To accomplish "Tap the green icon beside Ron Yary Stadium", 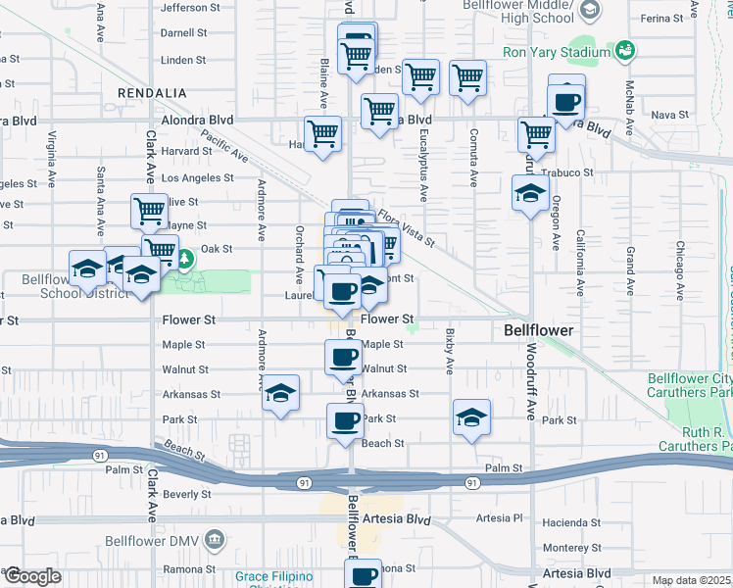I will [624, 50].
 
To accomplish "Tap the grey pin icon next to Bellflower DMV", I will [216, 539].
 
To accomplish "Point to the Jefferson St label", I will [190, 8].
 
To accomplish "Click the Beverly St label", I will [180, 495].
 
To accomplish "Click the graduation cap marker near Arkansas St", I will [281, 395].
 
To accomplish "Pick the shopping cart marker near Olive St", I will [149, 210].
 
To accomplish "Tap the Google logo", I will [31, 577].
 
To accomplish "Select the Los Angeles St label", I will [197, 178].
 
